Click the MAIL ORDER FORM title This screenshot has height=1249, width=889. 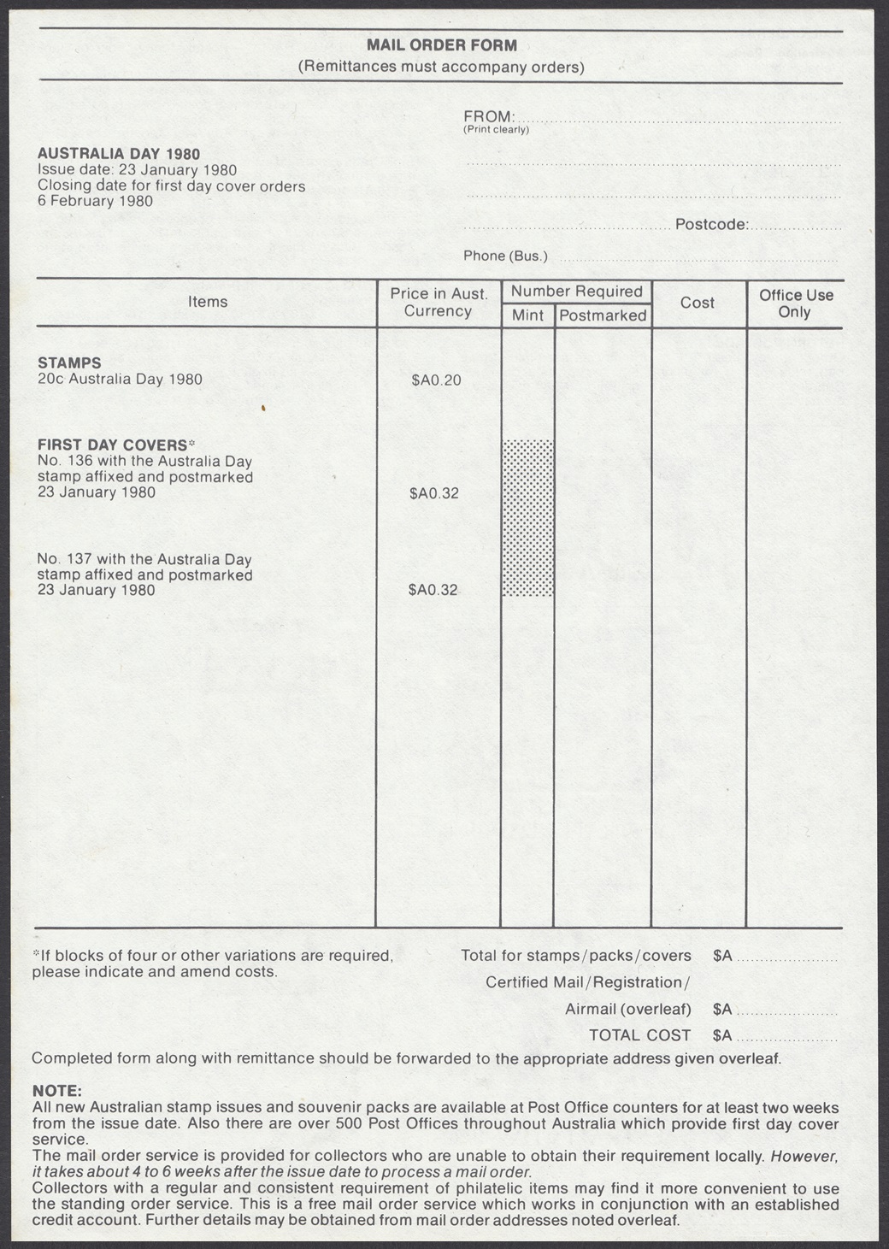tap(441, 45)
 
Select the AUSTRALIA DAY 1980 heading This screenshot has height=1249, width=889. tap(119, 154)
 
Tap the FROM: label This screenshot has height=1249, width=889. tap(489, 116)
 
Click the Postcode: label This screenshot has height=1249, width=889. tap(712, 225)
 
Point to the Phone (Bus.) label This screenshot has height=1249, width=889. tap(505, 256)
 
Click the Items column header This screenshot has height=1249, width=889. tap(208, 302)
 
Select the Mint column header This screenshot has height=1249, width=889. tap(527, 315)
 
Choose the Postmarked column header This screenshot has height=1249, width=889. tap(603, 315)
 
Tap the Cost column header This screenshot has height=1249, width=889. tap(698, 303)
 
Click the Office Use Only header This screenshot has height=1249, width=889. tap(795, 303)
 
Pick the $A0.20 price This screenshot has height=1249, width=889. tap(436, 380)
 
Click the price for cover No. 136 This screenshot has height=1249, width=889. tap(433, 493)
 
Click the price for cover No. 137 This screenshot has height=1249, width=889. tap(433, 590)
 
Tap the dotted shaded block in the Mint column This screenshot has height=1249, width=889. tap(527, 517)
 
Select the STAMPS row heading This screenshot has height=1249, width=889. tap(69, 362)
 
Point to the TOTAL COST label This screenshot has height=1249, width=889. tap(639, 1035)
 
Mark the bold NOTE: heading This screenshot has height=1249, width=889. tap(57, 1091)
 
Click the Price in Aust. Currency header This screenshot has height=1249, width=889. tap(439, 303)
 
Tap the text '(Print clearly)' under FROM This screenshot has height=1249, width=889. tap(496, 130)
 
